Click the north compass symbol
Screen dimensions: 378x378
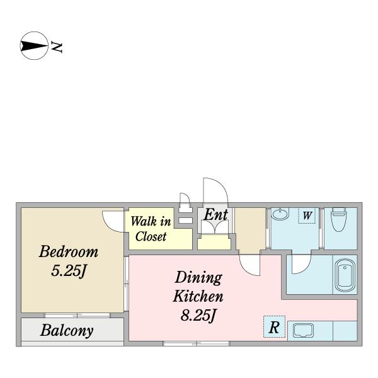(34, 46)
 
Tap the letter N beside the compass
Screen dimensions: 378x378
(57, 47)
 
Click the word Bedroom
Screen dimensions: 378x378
(69, 251)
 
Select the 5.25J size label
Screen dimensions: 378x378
(69, 271)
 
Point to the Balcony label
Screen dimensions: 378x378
(67, 331)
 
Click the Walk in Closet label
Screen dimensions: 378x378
(151, 229)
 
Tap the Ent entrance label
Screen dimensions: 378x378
(215, 215)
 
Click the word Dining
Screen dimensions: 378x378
(198, 278)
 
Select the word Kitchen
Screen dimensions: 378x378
(198, 296)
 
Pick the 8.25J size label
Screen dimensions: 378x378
(198, 315)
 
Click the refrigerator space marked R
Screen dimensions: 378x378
(274, 327)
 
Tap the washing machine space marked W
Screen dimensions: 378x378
(307, 215)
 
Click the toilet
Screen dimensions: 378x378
(339, 219)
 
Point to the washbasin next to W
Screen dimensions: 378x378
(280, 214)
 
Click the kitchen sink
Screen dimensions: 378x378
(303, 330)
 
